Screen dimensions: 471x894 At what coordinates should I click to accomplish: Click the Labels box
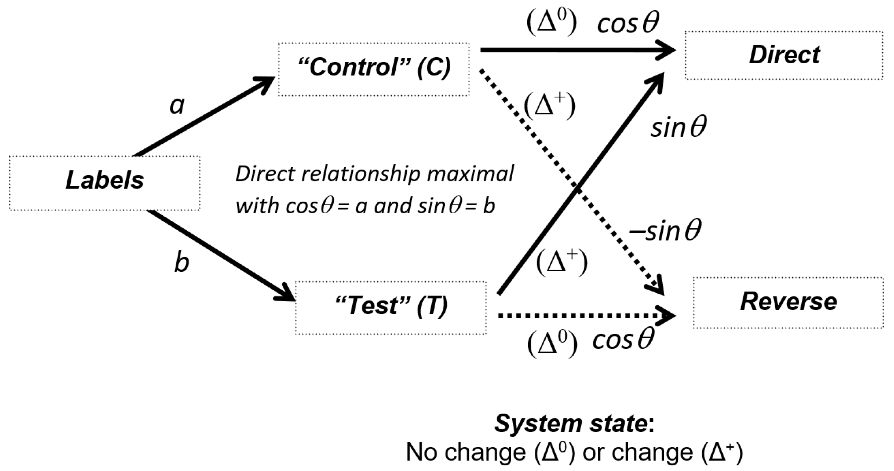coord(104,183)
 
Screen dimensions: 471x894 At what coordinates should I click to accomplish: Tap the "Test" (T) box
coord(391,308)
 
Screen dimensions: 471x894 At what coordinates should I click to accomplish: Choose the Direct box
coord(784,55)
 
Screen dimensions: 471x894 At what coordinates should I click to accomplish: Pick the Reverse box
coord(788,302)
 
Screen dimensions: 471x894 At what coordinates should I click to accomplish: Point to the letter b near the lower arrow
coord(181,263)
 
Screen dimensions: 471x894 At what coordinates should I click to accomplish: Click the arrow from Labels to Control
coord(205,116)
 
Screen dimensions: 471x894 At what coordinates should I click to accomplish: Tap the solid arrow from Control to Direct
coord(573,50)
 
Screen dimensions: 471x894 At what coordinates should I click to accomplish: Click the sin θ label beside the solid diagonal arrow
coord(678,128)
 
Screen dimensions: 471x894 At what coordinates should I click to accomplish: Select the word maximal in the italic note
coord(470,174)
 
